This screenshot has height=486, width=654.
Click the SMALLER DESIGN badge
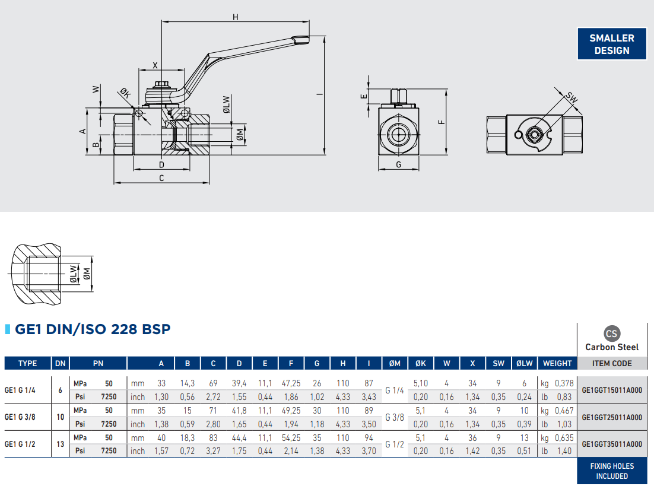click(612, 45)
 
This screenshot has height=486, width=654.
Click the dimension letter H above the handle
click(236, 17)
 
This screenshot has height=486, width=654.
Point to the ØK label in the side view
click(125, 94)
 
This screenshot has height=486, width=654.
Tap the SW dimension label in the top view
click(572, 97)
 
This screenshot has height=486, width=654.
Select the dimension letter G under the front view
click(398, 164)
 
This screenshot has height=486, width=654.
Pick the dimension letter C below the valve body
click(161, 177)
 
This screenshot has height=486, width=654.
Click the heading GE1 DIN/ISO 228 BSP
click(93, 329)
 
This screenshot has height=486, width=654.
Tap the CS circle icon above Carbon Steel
click(611, 333)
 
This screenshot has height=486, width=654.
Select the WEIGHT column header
click(557, 363)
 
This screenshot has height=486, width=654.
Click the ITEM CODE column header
click(612, 363)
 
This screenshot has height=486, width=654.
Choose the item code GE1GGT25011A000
click(612, 417)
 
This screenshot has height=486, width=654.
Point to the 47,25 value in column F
click(291, 384)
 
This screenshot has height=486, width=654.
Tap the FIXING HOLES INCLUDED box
click(612, 471)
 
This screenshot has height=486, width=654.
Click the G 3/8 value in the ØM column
click(395, 417)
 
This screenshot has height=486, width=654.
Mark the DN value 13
click(60, 444)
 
